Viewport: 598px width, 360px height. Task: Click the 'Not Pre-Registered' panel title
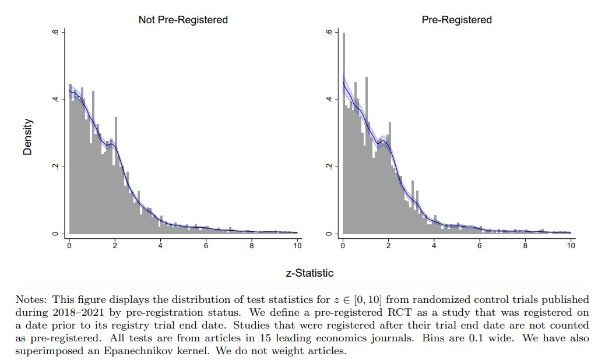(x=182, y=20)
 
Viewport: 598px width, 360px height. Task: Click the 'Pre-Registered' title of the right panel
(x=456, y=20)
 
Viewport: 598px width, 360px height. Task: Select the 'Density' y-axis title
(x=27, y=137)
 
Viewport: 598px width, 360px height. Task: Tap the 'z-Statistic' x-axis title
(x=309, y=273)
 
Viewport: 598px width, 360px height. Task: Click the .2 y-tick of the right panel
(x=329, y=167)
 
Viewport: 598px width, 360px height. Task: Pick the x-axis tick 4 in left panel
(x=160, y=246)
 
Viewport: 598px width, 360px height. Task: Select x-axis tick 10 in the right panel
(x=571, y=246)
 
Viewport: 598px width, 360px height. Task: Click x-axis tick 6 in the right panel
(x=480, y=246)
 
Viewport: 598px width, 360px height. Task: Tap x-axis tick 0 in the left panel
(x=69, y=246)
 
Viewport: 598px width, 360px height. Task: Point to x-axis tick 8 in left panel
(x=252, y=246)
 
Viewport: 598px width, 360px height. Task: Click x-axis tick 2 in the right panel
(x=388, y=246)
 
